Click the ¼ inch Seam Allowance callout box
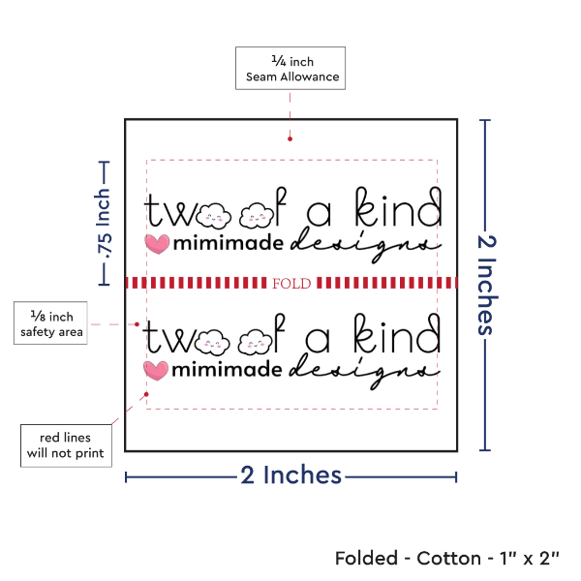tap(290, 68)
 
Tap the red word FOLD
tap(290, 283)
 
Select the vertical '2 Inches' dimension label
tap(486, 284)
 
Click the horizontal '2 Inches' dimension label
tap(290, 475)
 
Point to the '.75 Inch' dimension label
tap(104, 225)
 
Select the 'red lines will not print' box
tap(66, 443)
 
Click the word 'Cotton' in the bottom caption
tap(447, 559)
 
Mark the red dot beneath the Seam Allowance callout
tap(290, 138)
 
